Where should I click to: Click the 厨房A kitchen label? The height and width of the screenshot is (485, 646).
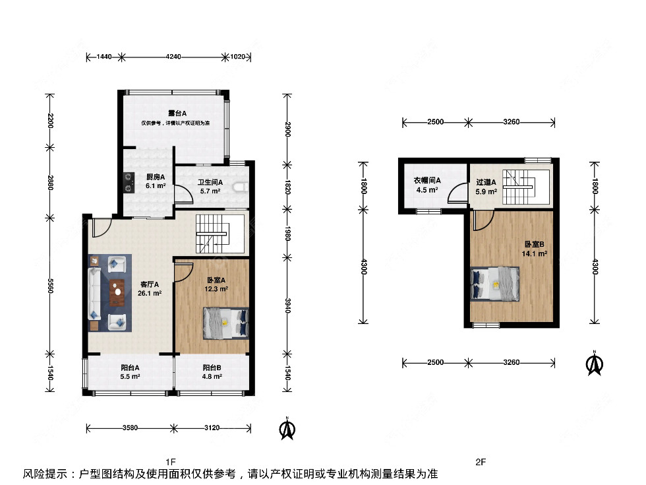[x=156, y=177]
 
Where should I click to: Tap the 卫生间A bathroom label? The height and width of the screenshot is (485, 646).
[x=210, y=182]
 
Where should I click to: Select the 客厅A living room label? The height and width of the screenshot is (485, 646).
[x=150, y=284]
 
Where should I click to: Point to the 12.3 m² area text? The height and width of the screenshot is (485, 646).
[x=216, y=289]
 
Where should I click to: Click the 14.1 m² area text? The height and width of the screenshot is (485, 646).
[x=535, y=253]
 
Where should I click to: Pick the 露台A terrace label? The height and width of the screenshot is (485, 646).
[x=177, y=113]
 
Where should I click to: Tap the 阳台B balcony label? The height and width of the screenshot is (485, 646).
[x=212, y=368]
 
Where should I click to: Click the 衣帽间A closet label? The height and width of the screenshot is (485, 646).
[x=427, y=180]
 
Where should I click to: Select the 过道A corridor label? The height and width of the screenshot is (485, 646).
[x=486, y=182]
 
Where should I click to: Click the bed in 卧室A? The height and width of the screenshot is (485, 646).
[x=225, y=323]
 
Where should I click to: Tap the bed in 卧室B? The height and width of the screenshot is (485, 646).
[x=494, y=284]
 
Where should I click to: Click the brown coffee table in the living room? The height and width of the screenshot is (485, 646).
[x=117, y=292]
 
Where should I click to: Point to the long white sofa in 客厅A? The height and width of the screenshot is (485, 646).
[x=94, y=294]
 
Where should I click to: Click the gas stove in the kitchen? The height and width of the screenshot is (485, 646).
[x=129, y=182]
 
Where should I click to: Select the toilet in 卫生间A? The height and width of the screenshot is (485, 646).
[x=241, y=187]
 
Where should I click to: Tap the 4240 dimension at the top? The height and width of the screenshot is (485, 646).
[x=173, y=57]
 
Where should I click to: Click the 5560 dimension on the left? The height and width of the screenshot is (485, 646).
[x=50, y=285]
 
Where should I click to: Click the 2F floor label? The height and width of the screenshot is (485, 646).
[x=481, y=462]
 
